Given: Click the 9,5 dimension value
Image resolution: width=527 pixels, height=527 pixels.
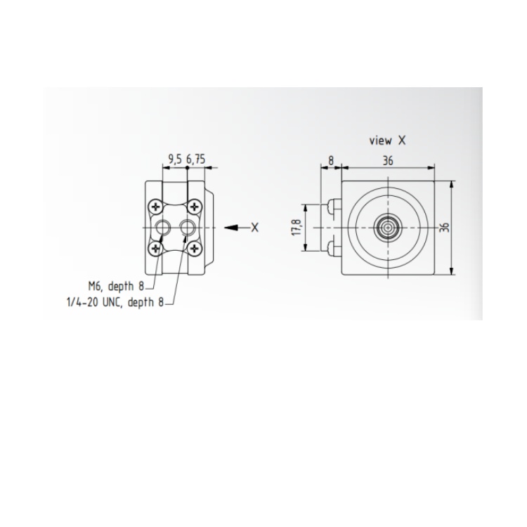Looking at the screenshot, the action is [175, 160].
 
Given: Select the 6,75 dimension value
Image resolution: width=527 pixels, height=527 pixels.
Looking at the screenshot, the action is [195, 160].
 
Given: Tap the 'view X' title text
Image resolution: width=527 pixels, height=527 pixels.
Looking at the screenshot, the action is [387, 140].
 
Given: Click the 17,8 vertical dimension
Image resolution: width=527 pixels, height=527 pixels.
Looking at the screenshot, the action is [297, 228].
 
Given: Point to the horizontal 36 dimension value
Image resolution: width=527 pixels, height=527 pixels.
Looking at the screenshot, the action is [388, 161].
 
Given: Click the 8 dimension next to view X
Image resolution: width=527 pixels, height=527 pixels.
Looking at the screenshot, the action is [331, 161].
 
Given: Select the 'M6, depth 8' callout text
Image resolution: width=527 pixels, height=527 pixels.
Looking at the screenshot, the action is [116, 287].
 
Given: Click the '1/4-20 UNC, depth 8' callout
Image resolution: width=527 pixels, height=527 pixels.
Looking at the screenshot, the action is [115, 302].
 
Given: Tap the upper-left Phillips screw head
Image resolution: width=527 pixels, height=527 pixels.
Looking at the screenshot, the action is [155, 207].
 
